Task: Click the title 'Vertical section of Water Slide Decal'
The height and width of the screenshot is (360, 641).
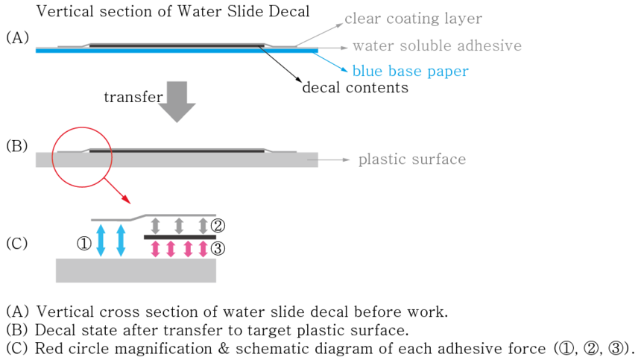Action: [173, 12]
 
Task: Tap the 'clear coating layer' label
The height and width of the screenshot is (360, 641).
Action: [413, 19]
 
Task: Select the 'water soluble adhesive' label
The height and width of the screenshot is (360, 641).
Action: [437, 45]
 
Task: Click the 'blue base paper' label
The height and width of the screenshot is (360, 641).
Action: [410, 72]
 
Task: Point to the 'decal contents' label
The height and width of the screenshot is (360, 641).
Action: [355, 87]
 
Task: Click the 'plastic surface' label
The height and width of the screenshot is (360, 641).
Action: [411, 159]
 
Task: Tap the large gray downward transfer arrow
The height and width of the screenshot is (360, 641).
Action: [177, 100]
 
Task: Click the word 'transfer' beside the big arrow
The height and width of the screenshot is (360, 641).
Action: [133, 98]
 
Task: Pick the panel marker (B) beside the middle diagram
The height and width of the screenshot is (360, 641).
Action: [16, 145]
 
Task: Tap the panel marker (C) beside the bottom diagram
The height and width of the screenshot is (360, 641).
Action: [16, 243]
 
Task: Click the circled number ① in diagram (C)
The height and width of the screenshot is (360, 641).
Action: [83, 243]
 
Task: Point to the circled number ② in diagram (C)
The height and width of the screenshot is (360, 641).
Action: [218, 225]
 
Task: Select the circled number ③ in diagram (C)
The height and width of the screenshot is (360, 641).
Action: [218, 249]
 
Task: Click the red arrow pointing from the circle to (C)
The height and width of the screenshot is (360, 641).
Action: [118, 193]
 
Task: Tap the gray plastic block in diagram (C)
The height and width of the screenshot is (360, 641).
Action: [136, 271]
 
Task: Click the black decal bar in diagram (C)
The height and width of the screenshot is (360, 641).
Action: [180, 237]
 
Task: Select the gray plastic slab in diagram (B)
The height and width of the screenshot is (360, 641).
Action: [177, 160]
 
